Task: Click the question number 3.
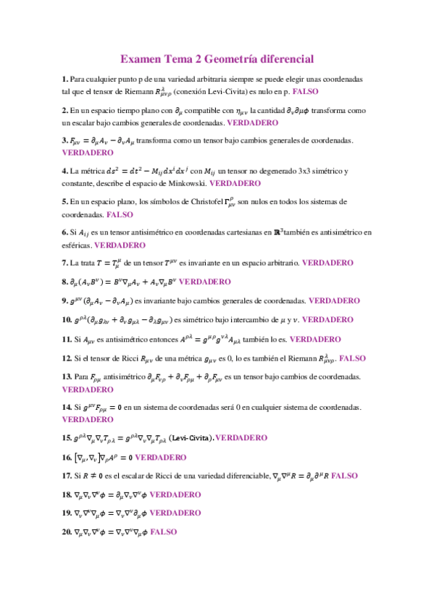65,140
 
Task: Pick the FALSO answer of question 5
120,215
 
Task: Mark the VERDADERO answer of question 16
161,457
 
